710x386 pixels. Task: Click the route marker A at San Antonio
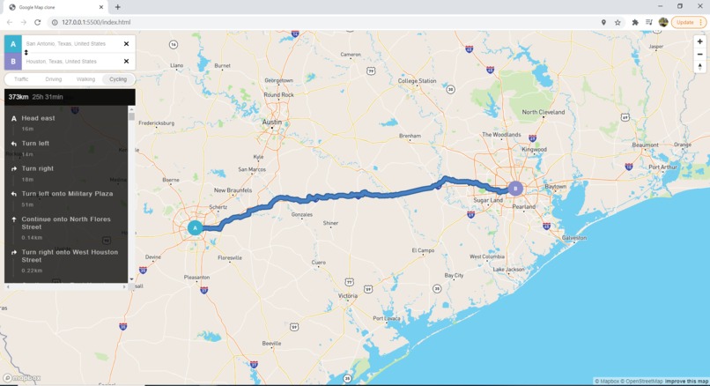point(195,227)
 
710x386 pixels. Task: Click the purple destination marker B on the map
point(515,188)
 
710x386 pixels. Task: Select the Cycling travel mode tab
point(118,79)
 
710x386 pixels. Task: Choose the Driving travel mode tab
point(53,79)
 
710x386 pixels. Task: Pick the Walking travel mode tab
point(85,79)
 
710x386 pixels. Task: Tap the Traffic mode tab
point(21,79)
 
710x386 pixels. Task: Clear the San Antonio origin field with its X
point(126,43)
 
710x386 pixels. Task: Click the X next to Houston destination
point(126,62)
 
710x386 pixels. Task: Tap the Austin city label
point(272,122)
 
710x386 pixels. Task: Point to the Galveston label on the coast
point(573,238)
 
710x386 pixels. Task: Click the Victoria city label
point(348,296)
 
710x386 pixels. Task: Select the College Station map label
point(417,81)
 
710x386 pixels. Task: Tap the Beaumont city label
point(645,145)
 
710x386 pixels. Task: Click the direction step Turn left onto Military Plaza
point(67,194)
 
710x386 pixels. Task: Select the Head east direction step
point(38,118)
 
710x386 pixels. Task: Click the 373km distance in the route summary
point(18,97)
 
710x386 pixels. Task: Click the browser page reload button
point(38,22)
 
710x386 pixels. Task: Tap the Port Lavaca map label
point(386,319)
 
